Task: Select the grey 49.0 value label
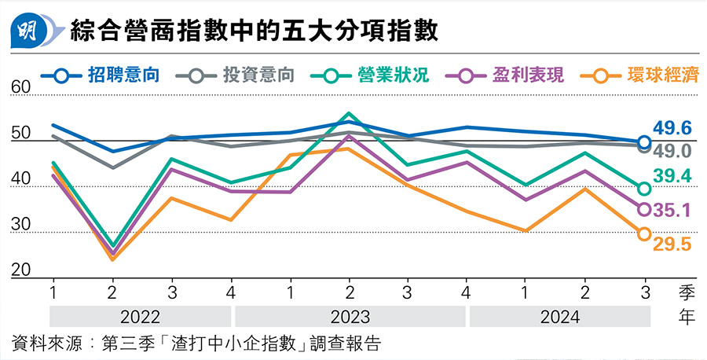click(x=671, y=151)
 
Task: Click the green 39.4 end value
click(x=671, y=177)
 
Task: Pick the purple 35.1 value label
click(x=671, y=210)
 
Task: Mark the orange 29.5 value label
click(x=671, y=245)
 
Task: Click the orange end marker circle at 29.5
click(x=644, y=234)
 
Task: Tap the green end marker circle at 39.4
click(x=644, y=189)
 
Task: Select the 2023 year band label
click(x=350, y=318)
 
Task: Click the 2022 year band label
click(x=141, y=318)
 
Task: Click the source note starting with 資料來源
click(x=196, y=343)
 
